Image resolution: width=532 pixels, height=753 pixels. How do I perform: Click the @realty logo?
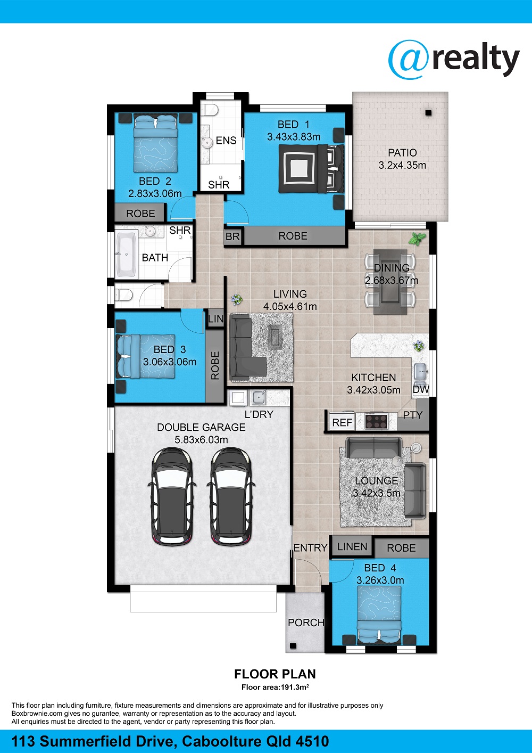coord(454,60)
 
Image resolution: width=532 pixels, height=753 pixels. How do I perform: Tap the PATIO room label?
coord(402,153)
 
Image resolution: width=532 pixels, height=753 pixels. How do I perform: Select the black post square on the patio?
coord(428,113)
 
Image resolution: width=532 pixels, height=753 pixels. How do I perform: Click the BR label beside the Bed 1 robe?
coord(232,236)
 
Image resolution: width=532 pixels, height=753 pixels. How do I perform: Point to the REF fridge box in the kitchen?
coord(342,422)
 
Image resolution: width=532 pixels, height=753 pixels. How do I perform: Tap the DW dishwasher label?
coord(421,390)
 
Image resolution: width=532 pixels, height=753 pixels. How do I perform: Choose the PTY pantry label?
coord(412,415)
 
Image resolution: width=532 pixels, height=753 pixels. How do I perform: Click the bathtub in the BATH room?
coord(126,254)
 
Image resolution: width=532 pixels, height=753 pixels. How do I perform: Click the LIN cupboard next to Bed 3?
coord(215,318)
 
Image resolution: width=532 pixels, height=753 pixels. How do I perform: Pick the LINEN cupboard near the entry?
coord(352,547)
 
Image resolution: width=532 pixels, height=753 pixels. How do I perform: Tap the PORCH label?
coord(306,623)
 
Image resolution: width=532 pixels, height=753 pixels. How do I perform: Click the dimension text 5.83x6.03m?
coord(201,440)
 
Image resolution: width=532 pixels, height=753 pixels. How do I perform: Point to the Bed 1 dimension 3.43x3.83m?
coord(294,137)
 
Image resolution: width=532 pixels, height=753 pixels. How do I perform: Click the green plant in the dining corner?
coord(417,239)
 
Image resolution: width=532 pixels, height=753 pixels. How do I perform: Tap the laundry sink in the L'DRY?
coord(259,398)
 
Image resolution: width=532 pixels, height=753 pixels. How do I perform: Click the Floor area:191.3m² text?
coord(275,687)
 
